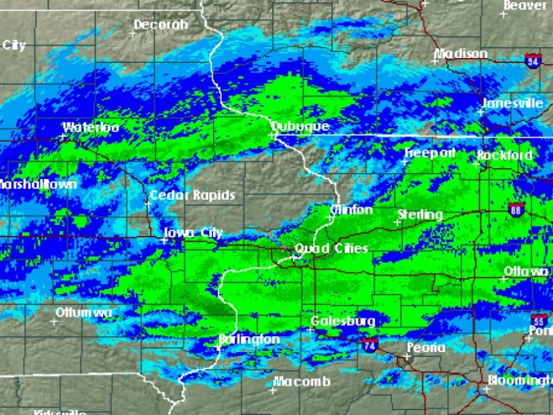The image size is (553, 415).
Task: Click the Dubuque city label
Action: [300, 127]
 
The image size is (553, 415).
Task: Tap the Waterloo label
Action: [91, 127]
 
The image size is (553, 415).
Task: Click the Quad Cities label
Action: [331, 248]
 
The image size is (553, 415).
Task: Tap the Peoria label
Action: [426, 348]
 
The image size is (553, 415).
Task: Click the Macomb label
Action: [301, 382]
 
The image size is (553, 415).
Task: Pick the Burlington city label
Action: [250, 340]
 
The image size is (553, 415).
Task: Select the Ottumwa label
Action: [84, 313]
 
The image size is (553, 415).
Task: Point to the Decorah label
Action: [160, 25]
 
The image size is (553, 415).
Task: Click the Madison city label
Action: [460, 54]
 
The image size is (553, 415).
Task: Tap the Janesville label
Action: [512, 103]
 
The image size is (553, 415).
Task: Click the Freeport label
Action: [429, 153]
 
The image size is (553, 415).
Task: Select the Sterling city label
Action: [420, 215]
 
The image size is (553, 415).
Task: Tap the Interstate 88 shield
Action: [516, 210]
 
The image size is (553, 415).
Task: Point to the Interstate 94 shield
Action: [532, 60]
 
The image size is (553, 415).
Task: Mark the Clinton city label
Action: [352, 210]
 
